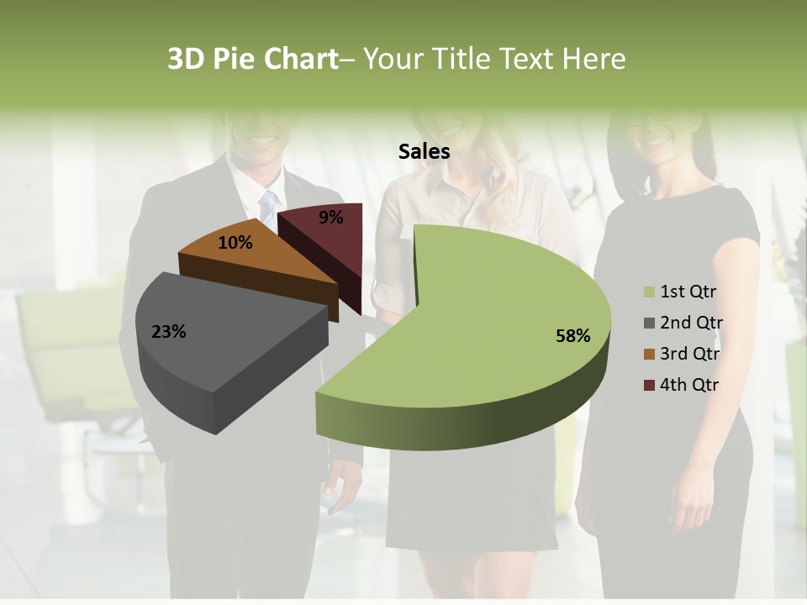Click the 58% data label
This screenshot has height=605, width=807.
(x=572, y=336)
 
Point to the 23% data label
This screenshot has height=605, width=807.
(x=168, y=332)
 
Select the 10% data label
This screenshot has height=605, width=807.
(x=235, y=243)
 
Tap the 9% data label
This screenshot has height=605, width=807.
(x=330, y=218)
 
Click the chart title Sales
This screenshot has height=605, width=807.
(x=424, y=151)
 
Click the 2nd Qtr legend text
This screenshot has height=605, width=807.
(x=690, y=323)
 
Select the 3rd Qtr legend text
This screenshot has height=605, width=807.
(x=689, y=354)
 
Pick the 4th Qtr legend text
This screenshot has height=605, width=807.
(x=689, y=385)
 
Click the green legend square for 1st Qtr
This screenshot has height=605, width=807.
(x=649, y=292)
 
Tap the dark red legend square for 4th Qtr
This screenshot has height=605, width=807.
(x=649, y=385)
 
